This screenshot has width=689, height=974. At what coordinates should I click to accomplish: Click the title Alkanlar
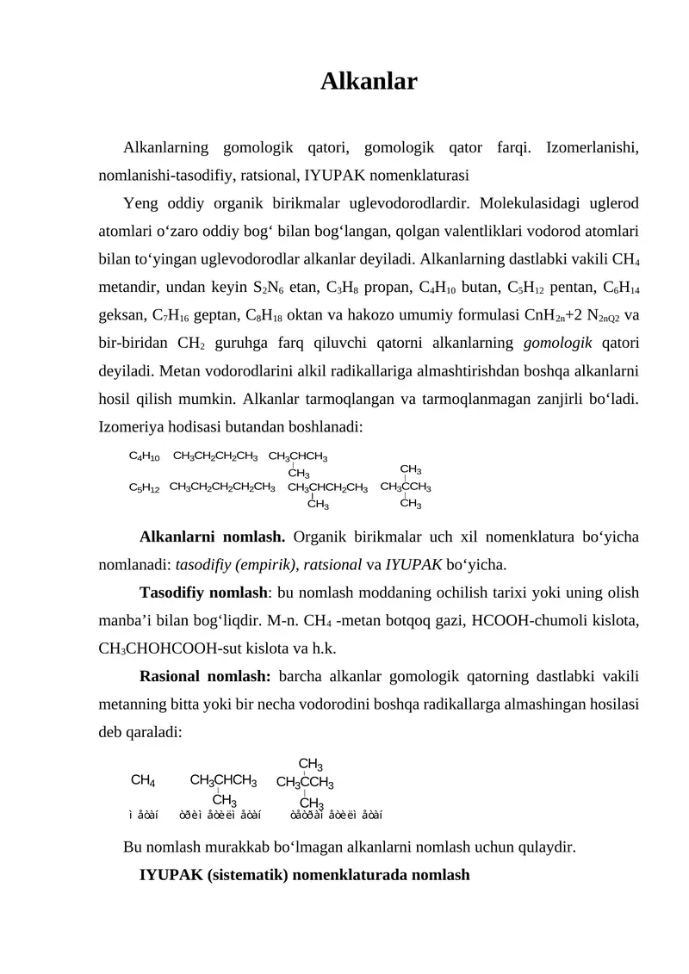click(x=369, y=82)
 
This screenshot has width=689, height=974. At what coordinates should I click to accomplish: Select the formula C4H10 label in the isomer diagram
click(x=144, y=456)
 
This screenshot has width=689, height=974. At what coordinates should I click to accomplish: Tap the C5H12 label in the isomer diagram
click(x=144, y=488)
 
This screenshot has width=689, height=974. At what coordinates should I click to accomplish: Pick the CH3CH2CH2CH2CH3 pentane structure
click(x=222, y=487)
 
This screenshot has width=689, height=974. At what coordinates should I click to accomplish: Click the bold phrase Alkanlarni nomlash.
click(x=212, y=538)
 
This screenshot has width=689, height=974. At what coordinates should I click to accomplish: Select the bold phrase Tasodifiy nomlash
click(x=204, y=594)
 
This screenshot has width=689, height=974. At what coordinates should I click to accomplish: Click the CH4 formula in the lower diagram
click(x=142, y=781)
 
